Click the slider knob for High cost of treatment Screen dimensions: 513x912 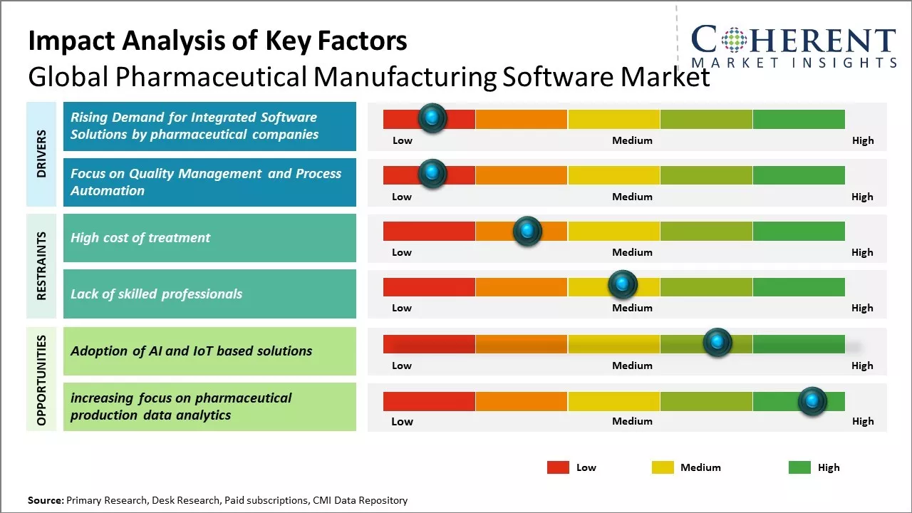point(527,231)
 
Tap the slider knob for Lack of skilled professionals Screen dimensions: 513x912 point(623,285)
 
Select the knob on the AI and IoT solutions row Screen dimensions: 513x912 point(717,343)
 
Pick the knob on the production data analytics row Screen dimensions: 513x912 point(812,401)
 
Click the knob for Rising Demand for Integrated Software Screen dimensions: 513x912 point(432,118)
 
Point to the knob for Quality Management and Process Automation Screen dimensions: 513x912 point(432,174)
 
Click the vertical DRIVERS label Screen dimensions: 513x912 point(41,154)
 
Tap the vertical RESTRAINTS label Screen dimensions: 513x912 point(41,266)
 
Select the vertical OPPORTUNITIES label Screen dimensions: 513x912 point(41,380)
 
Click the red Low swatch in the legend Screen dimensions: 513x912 point(558,467)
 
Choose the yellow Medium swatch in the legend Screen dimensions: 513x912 point(663,467)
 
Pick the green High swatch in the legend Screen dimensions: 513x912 point(799,467)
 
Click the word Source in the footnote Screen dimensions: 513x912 point(45,500)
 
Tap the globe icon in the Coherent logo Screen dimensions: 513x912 point(734,40)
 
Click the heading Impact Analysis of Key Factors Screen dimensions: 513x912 point(217,41)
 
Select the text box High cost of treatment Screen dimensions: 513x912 point(209,238)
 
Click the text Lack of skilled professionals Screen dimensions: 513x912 point(157,294)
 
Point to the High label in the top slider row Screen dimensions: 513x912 point(862,140)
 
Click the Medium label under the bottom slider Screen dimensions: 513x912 point(632,421)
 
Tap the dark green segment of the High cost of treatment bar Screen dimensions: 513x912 point(798,231)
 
